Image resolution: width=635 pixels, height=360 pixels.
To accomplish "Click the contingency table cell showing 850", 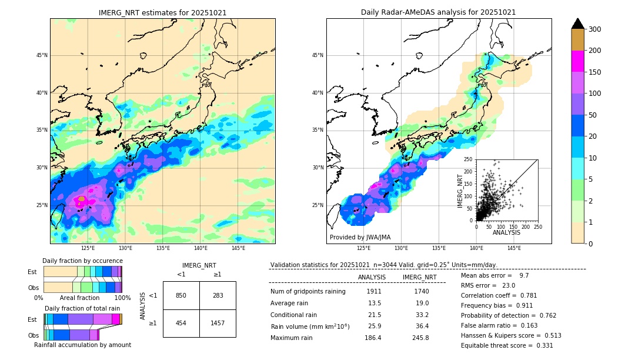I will tap(181, 295).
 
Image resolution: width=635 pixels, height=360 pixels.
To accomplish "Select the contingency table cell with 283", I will tap(218, 295).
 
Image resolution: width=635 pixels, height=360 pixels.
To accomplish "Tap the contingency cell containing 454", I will tap(181, 323).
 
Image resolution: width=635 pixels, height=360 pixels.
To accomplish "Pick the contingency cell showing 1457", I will tap(218, 323).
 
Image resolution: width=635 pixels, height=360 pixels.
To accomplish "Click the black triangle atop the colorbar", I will tap(578, 24).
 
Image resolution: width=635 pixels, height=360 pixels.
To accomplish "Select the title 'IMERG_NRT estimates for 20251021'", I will tap(162, 12).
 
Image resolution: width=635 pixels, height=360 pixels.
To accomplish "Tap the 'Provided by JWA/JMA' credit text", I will tap(360, 238).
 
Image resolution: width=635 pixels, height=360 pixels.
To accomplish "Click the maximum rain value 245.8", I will tap(419, 338).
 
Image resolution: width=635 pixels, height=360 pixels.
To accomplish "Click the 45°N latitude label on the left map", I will tap(42, 55).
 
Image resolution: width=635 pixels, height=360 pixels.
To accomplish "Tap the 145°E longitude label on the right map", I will tap(514, 249).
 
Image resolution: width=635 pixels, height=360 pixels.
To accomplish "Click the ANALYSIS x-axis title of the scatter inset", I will tap(506, 232).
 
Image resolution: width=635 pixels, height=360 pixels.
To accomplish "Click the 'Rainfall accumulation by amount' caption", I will tap(82, 345).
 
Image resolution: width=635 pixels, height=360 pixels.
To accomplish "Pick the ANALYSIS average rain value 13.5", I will tap(375, 304).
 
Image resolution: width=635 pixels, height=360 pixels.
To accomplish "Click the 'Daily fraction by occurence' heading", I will tap(82, 261).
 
